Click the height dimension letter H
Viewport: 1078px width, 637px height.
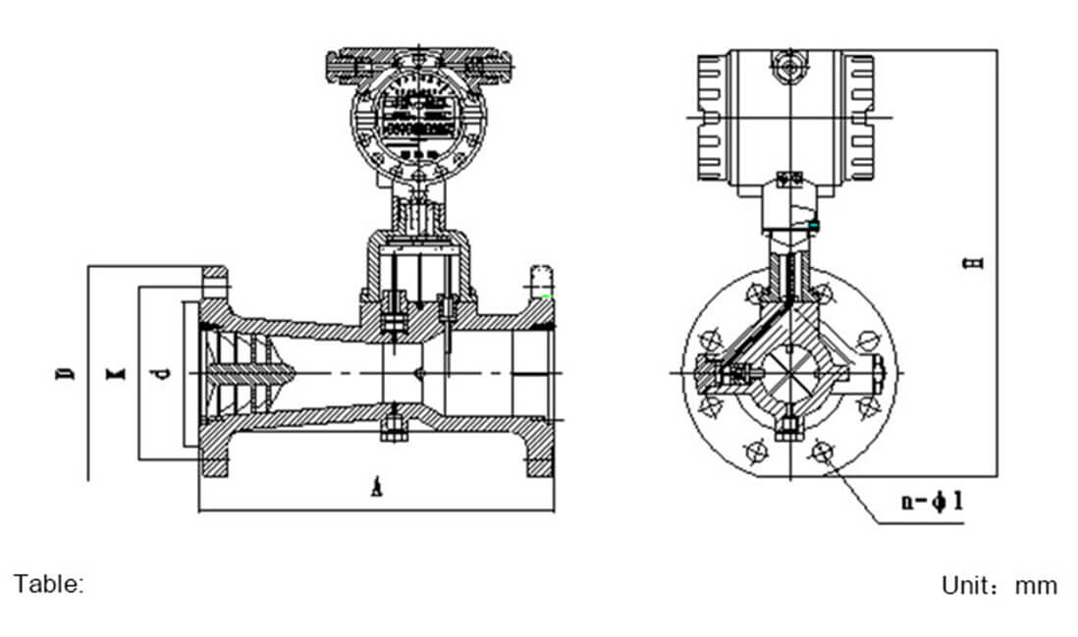973,263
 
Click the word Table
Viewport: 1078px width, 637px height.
48,584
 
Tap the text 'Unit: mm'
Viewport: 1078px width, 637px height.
998,586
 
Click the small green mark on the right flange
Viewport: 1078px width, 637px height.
546,295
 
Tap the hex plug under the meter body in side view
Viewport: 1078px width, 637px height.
392,428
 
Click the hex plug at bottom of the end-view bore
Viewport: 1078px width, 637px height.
788,428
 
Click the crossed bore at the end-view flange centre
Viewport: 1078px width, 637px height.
788,373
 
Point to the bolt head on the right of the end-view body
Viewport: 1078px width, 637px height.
877,373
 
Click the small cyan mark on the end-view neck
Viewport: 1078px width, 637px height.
813,227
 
